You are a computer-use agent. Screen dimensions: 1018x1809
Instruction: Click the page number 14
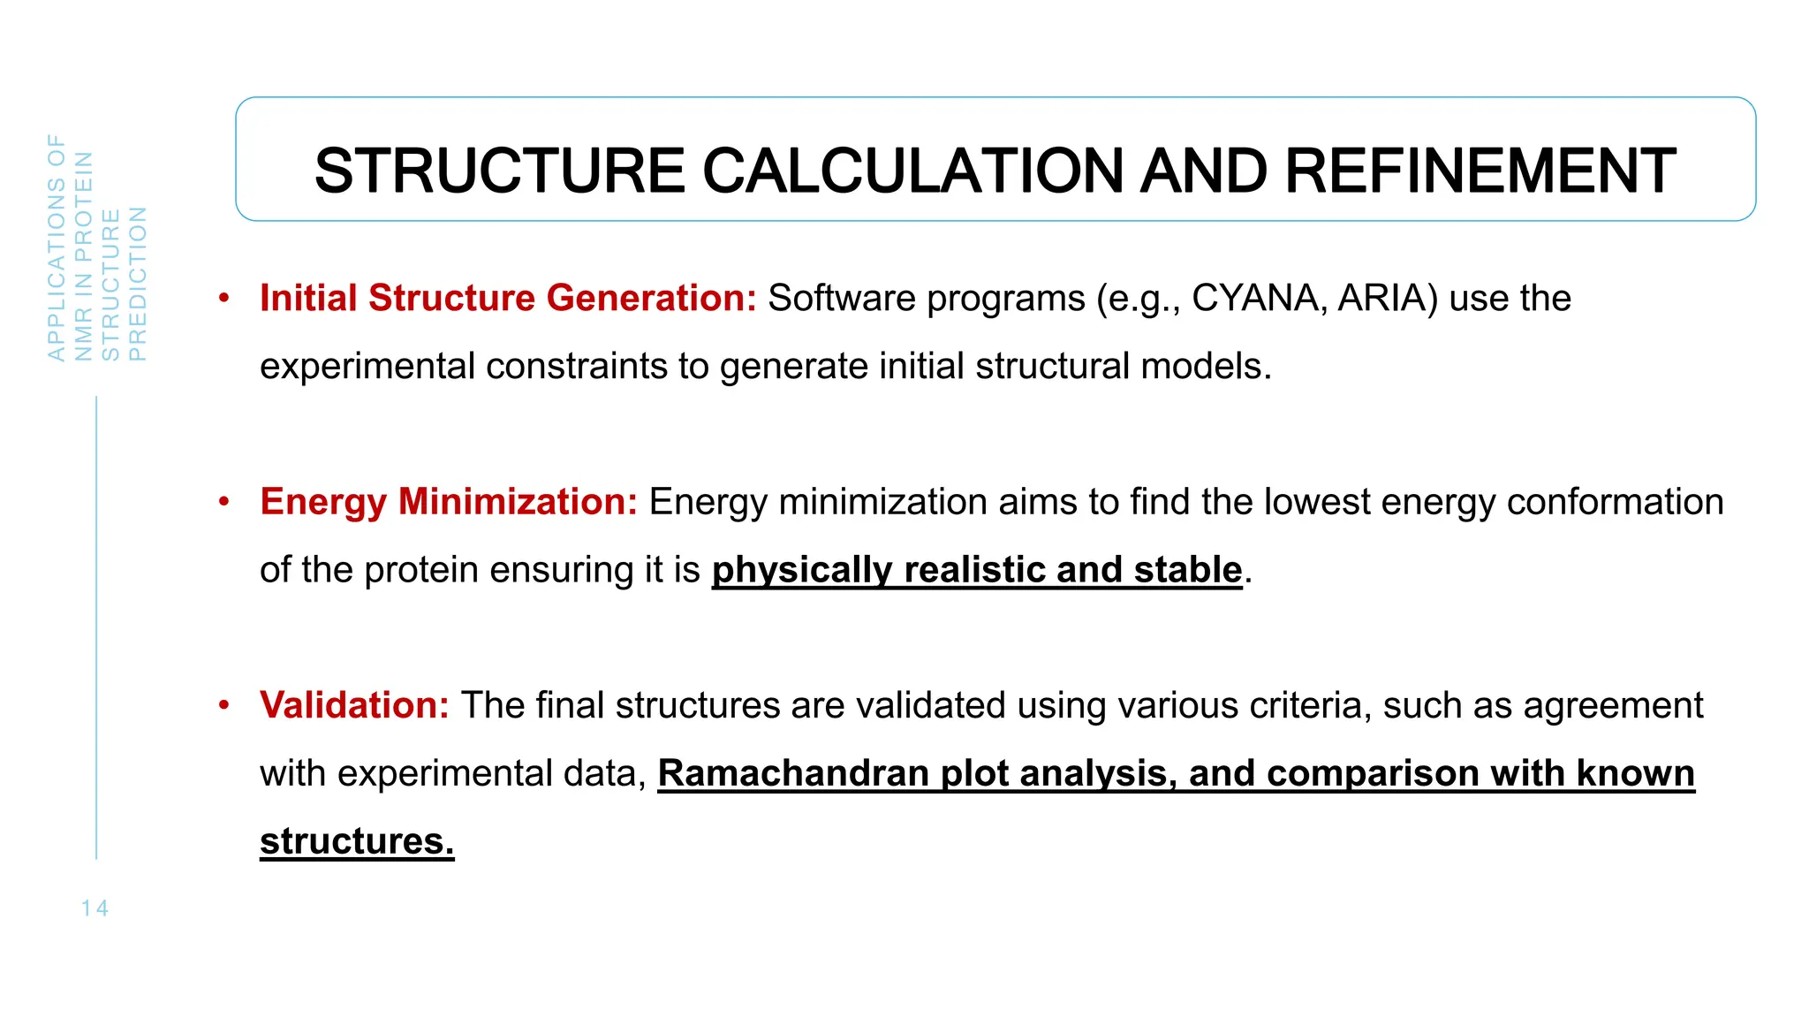click(x=95, y=908)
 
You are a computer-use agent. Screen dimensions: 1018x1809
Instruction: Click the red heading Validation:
click(x=354, y=705)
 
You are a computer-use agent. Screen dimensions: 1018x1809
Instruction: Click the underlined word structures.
click(x=357, y=841)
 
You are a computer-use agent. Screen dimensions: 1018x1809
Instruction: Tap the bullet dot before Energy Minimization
click(x=224, y=501)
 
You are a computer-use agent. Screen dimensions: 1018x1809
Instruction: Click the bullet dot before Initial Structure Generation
click(x=224, y=298)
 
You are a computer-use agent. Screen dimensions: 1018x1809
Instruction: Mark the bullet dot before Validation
click(x=224, y=704)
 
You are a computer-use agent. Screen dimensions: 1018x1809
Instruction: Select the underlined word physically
click(x=802, y=570)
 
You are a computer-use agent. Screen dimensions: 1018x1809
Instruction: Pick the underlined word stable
click(x=1188, y=570)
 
